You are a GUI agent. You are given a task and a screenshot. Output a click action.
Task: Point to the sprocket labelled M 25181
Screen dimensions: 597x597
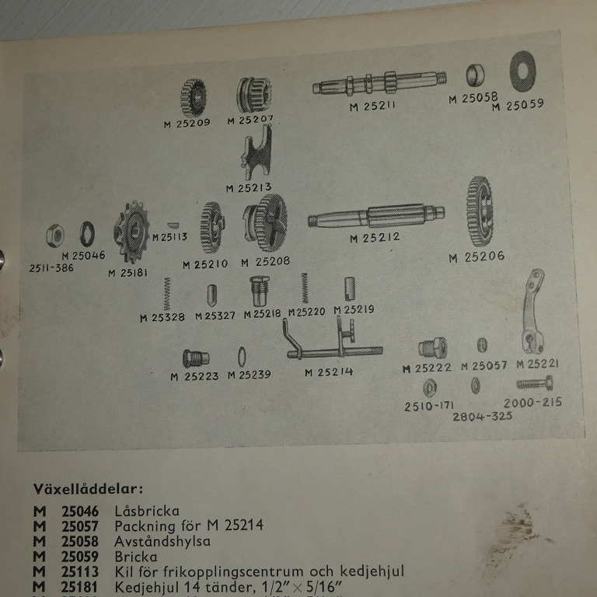131,231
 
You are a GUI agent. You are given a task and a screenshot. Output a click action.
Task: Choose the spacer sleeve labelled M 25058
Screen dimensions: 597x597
476,75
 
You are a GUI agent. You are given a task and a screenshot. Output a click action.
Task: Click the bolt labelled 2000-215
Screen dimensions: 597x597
535,382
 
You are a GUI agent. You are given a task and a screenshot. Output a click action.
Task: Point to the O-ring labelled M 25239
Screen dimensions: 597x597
242,355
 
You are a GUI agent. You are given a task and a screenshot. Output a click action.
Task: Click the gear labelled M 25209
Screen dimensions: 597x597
194,96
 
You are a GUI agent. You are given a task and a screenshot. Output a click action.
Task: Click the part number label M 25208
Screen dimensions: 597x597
265,262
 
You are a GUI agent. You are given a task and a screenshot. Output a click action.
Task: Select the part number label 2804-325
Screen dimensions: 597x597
482,417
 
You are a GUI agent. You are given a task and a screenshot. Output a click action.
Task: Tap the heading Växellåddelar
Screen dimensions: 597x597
88,490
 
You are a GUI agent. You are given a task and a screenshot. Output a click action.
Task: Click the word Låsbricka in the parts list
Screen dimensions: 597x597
147,511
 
